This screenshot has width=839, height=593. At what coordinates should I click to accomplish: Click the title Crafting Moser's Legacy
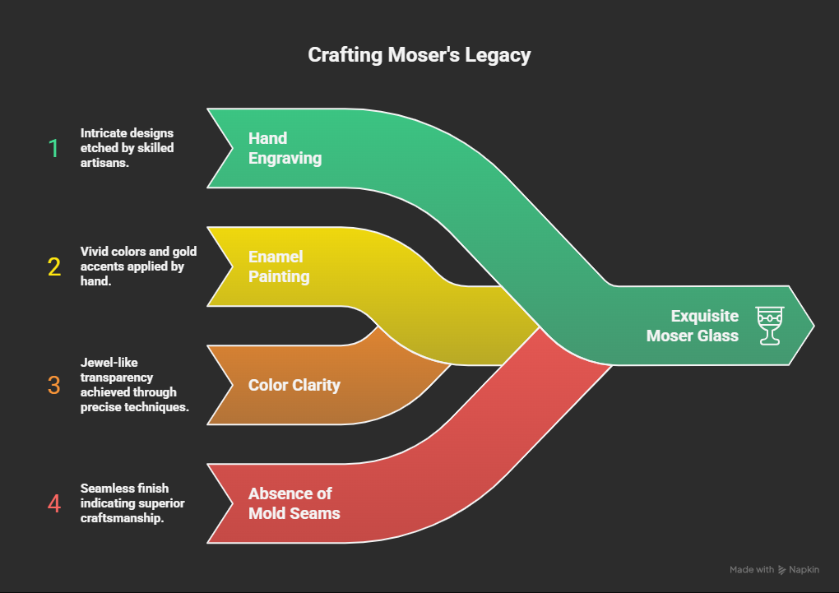tap(419, 55)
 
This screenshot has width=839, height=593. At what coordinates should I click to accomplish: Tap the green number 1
tap(54, 148)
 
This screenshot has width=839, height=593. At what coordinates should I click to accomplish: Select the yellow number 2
tap(54, 266)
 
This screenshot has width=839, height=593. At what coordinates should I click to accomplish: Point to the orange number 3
tap(54, 385)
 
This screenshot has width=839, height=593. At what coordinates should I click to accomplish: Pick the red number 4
tap(54, 503)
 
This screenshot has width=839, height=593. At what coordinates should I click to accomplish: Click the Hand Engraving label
tap(285, 148)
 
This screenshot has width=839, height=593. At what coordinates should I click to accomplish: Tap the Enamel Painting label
tap(279, 266)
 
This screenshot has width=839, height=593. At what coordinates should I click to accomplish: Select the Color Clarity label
tap(294, 384)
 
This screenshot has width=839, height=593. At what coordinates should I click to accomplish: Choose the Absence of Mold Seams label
tap(294, 503)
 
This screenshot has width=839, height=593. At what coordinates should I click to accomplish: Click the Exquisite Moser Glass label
tap(693, 326)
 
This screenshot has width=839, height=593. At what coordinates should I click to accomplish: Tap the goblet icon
tap(769, 326)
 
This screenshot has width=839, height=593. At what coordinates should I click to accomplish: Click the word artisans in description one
tap(103, 163)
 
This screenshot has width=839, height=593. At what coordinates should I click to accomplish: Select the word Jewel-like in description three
tap(104, 363)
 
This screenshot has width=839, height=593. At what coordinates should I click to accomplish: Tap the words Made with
tap(751, 569)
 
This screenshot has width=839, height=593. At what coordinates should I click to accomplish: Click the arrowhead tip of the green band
tap(813, 326)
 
